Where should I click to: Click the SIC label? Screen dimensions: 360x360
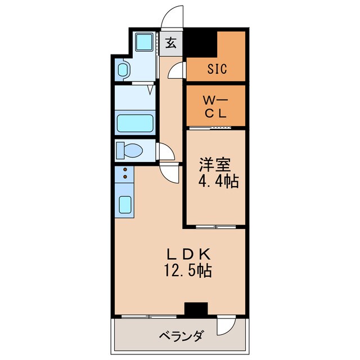tap(216, 70)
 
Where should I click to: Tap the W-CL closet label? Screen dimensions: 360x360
tap(215, 106)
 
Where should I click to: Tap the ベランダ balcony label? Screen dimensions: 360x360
tap(180, 336)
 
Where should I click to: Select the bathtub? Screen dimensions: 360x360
tap(134, 124)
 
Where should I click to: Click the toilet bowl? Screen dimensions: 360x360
tap(130, 151)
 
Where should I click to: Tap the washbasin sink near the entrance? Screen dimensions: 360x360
tap(123, 70)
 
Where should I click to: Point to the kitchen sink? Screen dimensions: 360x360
tap(125, 205)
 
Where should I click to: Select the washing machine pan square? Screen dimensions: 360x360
tap(145, 42)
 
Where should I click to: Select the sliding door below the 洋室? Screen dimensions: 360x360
tap(214, 227)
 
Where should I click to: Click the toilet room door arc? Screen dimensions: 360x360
tap(166, 151)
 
